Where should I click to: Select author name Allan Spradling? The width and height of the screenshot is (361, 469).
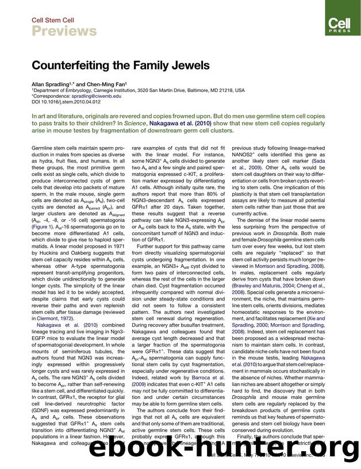50,84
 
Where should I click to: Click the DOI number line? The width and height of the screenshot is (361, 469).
63,102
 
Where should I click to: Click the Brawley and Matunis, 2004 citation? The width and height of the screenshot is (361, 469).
266,286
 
